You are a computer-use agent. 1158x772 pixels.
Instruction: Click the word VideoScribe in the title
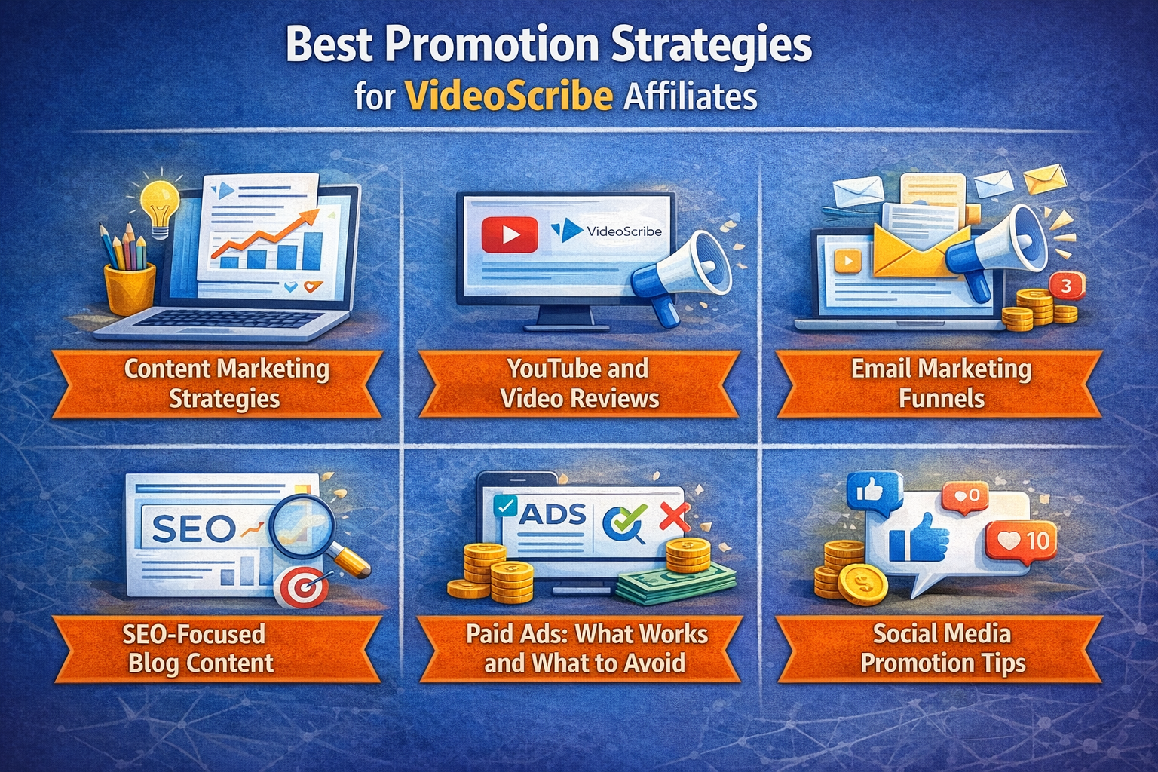point(509,96)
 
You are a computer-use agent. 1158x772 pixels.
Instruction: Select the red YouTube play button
point(509,234)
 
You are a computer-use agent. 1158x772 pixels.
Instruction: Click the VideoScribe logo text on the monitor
point(624,231)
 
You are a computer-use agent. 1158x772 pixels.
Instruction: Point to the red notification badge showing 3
point(1067,286)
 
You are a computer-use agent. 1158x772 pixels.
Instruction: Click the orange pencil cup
point(130,289)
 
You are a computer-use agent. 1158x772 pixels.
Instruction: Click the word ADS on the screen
point(552,514)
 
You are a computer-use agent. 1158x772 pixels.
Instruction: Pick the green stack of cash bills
point(676,582)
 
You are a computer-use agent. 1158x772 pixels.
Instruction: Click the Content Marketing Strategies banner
point(217,384)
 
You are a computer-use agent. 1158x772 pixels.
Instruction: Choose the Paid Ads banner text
point(587,648)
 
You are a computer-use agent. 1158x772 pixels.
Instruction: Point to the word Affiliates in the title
point(690,96)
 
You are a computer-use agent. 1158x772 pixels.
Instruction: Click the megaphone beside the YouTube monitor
point(680,277)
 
